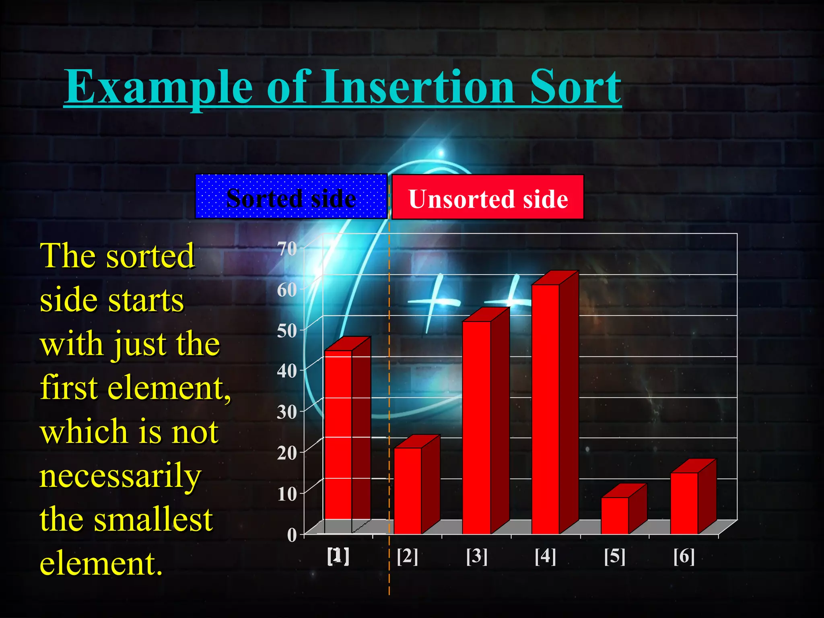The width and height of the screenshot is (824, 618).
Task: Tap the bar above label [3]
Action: point(476,426)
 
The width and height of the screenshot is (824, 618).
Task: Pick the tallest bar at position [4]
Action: point(546,408)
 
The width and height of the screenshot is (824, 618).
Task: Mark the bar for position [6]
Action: point(684,503)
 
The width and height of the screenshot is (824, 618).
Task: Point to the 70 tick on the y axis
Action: point(287,249)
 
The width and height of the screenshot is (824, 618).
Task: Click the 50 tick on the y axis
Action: point(287,331)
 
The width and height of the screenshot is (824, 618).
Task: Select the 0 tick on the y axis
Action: point(292,535)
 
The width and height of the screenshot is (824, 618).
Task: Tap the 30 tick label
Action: point(287,412)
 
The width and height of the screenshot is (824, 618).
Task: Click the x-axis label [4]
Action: point(546,556)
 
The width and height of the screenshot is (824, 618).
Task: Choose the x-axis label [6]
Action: point(684,556)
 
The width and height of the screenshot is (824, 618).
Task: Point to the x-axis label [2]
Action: point(407,556)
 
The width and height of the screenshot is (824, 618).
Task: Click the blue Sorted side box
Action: point(291,197)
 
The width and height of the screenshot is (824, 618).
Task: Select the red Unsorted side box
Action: point(488,197)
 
